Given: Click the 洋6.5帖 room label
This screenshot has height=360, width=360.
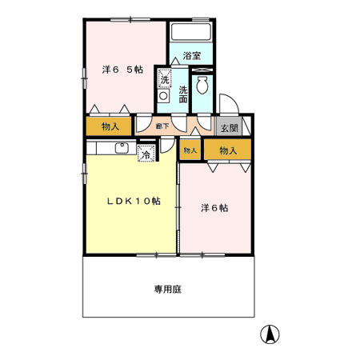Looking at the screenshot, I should click(122, 69).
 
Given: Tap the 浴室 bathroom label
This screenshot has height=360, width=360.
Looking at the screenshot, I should click(192, 55).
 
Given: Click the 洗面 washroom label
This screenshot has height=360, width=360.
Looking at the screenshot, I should click(183, 94).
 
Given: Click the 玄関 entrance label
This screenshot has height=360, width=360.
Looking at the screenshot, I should click(228, 127).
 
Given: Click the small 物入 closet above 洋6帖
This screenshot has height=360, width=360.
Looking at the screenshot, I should click(190, 150).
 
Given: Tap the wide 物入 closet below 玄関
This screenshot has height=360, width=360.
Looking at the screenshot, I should click(228, 150).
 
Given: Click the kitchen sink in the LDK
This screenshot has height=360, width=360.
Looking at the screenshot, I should click(122, 146).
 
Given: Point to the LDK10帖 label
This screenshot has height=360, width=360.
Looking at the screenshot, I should click(134, 202).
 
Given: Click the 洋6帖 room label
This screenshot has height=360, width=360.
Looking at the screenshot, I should click(214, 207).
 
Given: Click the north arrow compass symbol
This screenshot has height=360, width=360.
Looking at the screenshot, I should click(272, 336).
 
